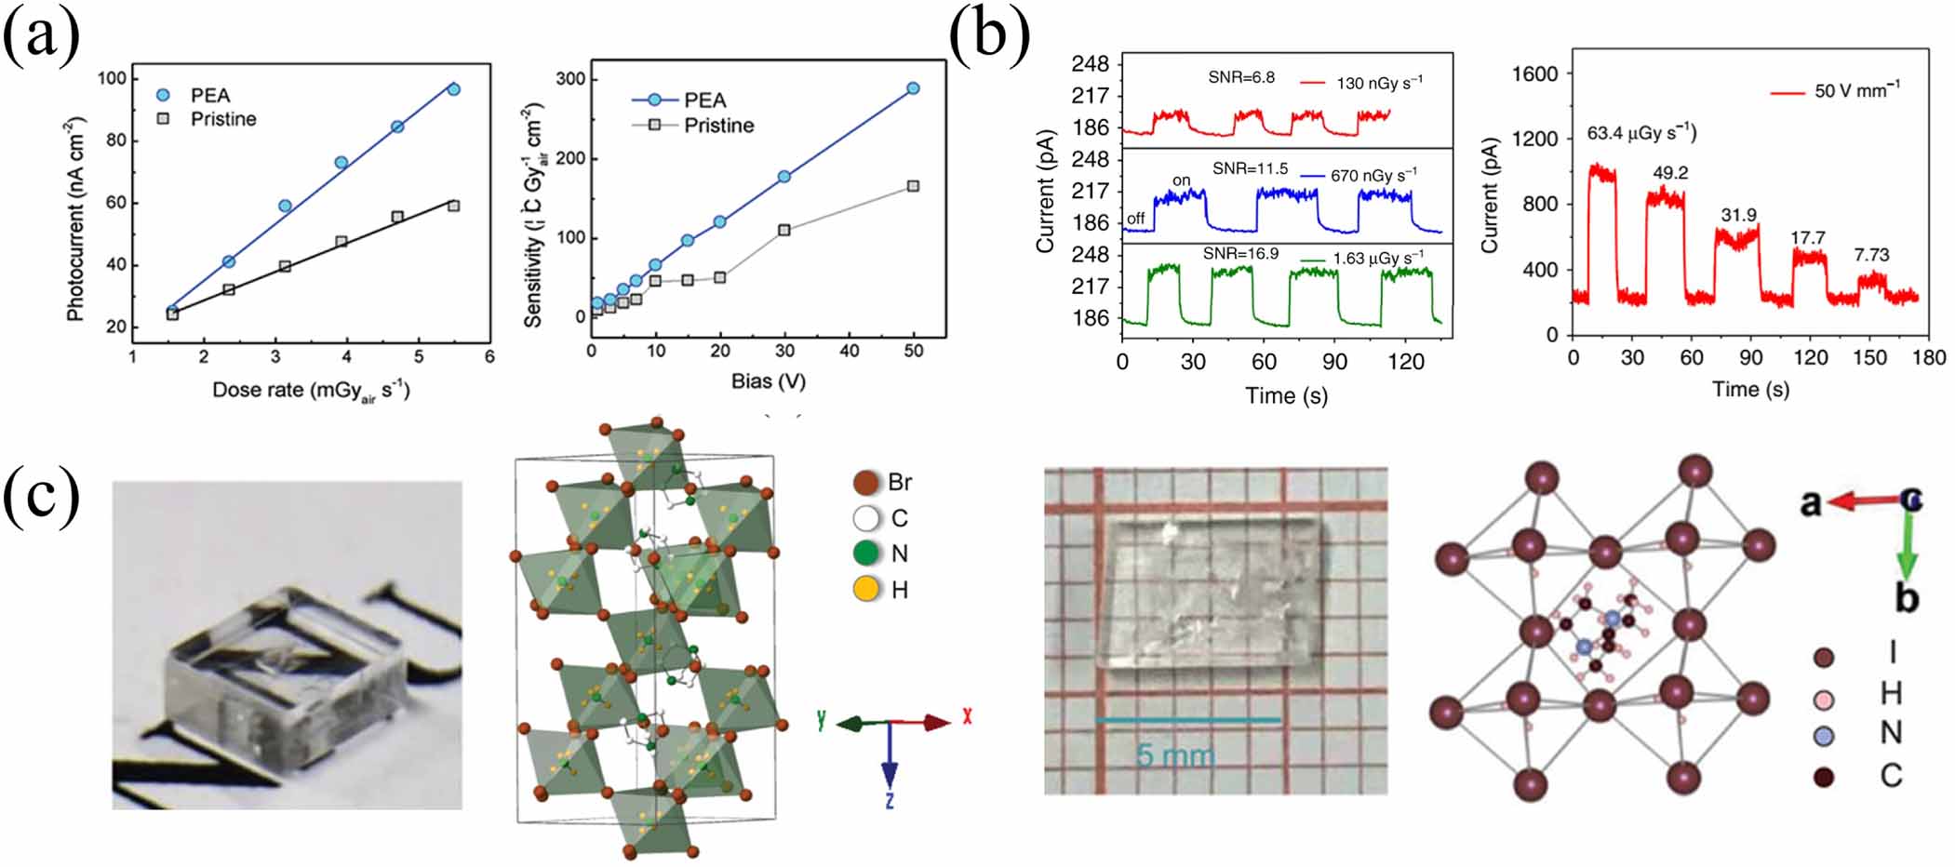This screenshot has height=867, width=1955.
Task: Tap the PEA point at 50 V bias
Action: pos(913,88)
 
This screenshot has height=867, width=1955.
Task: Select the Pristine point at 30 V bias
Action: pos(784,230)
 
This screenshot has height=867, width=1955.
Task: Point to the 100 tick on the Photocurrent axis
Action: pos(111,78)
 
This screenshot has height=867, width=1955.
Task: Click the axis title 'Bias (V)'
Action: pos(768,381)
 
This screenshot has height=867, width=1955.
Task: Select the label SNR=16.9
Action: pos(1240,254)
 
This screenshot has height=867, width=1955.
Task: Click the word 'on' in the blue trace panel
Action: pos(1182,180)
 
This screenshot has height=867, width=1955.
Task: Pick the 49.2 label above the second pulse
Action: pos(1670,173)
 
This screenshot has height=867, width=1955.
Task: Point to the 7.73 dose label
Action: pos(1871,255)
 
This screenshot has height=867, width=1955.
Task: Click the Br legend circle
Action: pos(866,483)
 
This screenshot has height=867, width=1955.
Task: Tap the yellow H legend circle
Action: pos(866,589)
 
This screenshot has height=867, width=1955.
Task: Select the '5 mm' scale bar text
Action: pos(1174,754)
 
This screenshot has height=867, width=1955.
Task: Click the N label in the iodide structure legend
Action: pos(1890,734)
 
